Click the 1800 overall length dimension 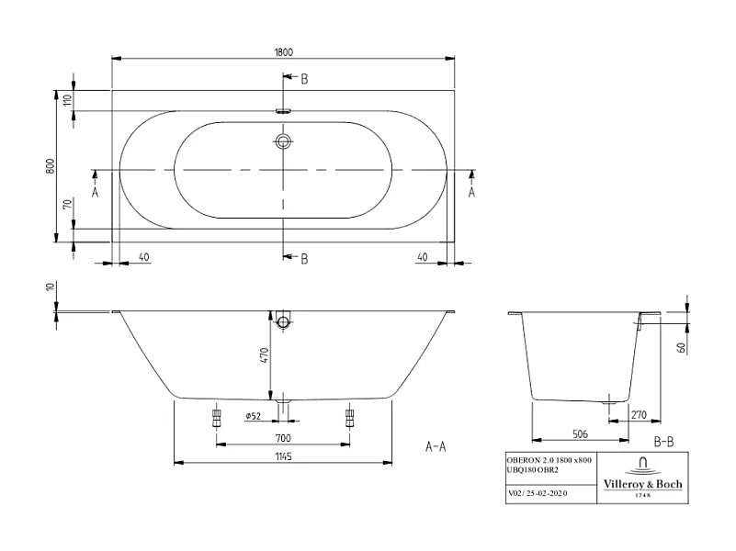pos(284,51)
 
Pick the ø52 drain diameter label pos(255,416)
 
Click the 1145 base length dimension pos(284,455)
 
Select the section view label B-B pos(662,442)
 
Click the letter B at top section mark pos(304,79)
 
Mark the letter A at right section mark pos(472,192)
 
